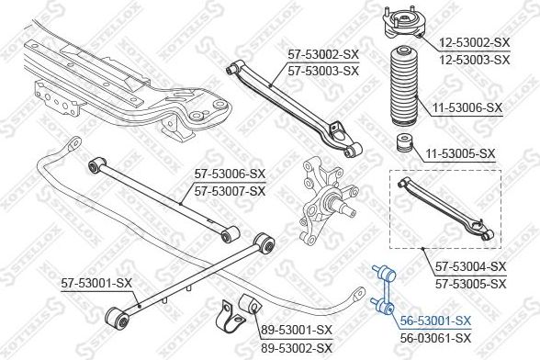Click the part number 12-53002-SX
coord(474,43)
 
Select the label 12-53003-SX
coord(474,60)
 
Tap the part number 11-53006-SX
coord(467,107)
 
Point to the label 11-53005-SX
coord(460,153)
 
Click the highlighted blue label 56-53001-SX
coord(435,321)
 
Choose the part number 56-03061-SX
coord(435,338)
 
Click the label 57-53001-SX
coord(96,283)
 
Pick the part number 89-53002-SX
coord(296,347)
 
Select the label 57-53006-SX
coord(230,174)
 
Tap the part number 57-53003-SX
coord(323,71)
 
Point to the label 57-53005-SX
coord(471,284)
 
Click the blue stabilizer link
coord(384,289)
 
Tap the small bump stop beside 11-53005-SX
coord(404,142)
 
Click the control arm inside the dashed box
coord(445,208)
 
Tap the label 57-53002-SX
coord(323,54)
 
